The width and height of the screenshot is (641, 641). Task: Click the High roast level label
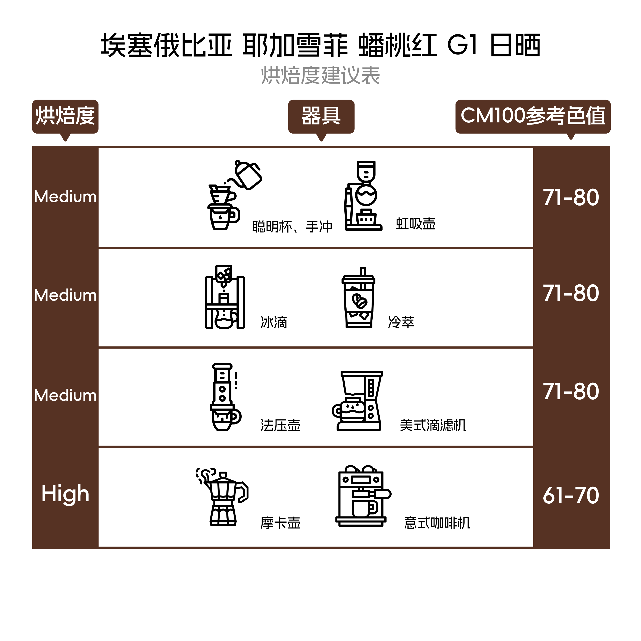[65, 494]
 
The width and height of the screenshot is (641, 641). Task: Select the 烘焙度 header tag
[65, 116]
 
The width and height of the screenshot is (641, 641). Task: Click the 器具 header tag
[321, 116]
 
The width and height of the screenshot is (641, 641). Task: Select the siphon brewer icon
[363, 196]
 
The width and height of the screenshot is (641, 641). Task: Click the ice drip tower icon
[225, 297]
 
